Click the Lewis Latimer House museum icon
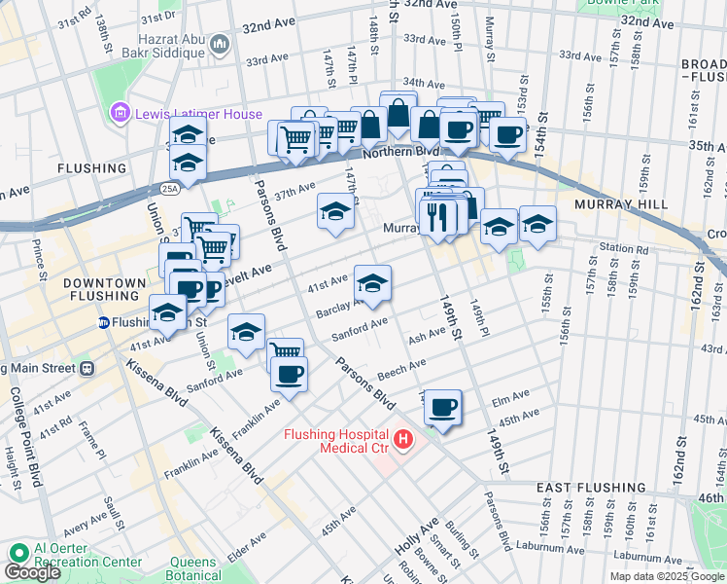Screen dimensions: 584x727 [x=121, y=114]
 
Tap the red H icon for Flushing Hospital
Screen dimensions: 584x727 [x=404, y=441]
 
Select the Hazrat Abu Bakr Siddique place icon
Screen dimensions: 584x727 [x=219, y=44]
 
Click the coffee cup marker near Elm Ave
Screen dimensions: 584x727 [x=442, y=407]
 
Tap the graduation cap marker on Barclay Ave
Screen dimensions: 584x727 [x=372, y=283]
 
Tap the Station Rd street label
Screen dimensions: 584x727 [x=623, y=248]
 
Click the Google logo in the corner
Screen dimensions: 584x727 [x=32, y=572]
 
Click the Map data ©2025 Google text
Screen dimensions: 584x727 [x=667, y=576]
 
